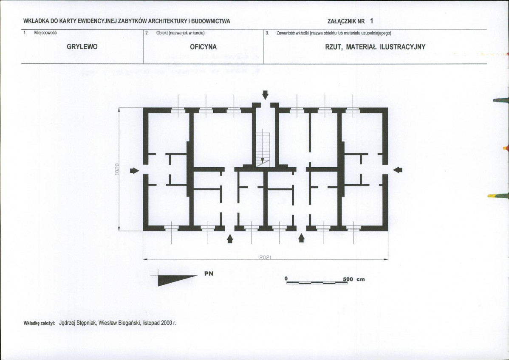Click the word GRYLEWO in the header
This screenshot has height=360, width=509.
[x=82, y=47]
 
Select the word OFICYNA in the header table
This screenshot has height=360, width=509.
[x=203, y=47]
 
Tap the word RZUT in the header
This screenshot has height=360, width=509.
[x=334, y=47]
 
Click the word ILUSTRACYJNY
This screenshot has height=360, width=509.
[x=402, y=47]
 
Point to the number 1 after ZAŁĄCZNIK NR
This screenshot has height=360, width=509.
[x=371, y=21]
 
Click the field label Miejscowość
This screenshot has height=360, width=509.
[x=45, y=33]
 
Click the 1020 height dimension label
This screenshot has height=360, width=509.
[x=117, y=169]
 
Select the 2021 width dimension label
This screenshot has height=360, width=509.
[x=265, y=257]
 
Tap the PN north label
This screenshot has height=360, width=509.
[x=209, y=273]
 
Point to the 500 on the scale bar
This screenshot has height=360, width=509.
[x=348, y=279]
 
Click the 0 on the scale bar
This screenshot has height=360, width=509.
[x=286, y=278]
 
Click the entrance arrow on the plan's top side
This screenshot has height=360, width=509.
[x=265, y=95]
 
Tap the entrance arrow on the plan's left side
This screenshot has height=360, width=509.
[x=134, y=171]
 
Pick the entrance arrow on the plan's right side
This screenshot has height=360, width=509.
[x=398, y=170]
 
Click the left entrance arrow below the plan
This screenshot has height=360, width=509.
[x=230, y=239]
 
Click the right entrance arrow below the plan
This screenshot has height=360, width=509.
[x=301, y=238]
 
